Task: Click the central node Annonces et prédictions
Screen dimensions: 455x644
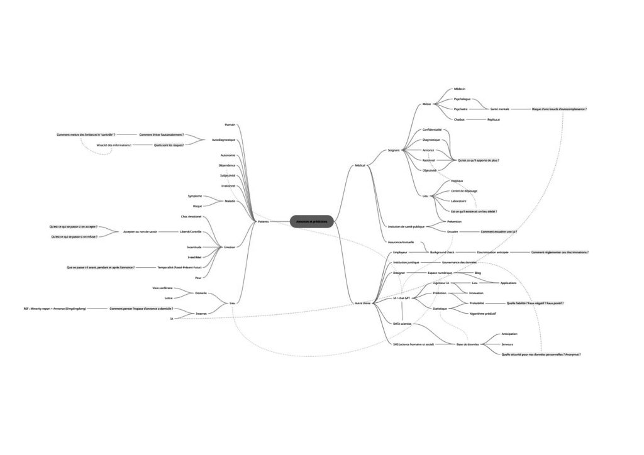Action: pos(312,222)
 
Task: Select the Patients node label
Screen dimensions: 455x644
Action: pos(264,222)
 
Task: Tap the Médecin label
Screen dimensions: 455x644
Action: pos(459,89)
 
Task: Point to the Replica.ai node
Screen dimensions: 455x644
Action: pos(494,119)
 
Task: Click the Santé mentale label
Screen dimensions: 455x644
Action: pos(499,109)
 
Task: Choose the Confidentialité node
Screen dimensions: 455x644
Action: pos(432,129)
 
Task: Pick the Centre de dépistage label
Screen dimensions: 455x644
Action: pos(464,190)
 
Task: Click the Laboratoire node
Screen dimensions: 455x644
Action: pos(458,200)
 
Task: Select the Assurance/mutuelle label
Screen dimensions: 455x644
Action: pos(401,241)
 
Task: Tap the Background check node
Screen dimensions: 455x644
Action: pos(442,252)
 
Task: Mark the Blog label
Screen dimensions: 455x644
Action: pos(478,273)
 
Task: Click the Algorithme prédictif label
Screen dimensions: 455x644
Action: pos(483,313)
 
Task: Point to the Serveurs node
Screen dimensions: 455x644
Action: pos(508,344)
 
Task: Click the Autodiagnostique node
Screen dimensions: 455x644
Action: pos(224,140)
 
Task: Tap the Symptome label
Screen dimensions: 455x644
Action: pos(195,196)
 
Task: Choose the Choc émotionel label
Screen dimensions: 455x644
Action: pos(191,216)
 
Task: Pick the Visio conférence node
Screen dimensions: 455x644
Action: pos(163,288)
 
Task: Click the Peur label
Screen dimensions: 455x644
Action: pos(198,277)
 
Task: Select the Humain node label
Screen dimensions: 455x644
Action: pos(230,124)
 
